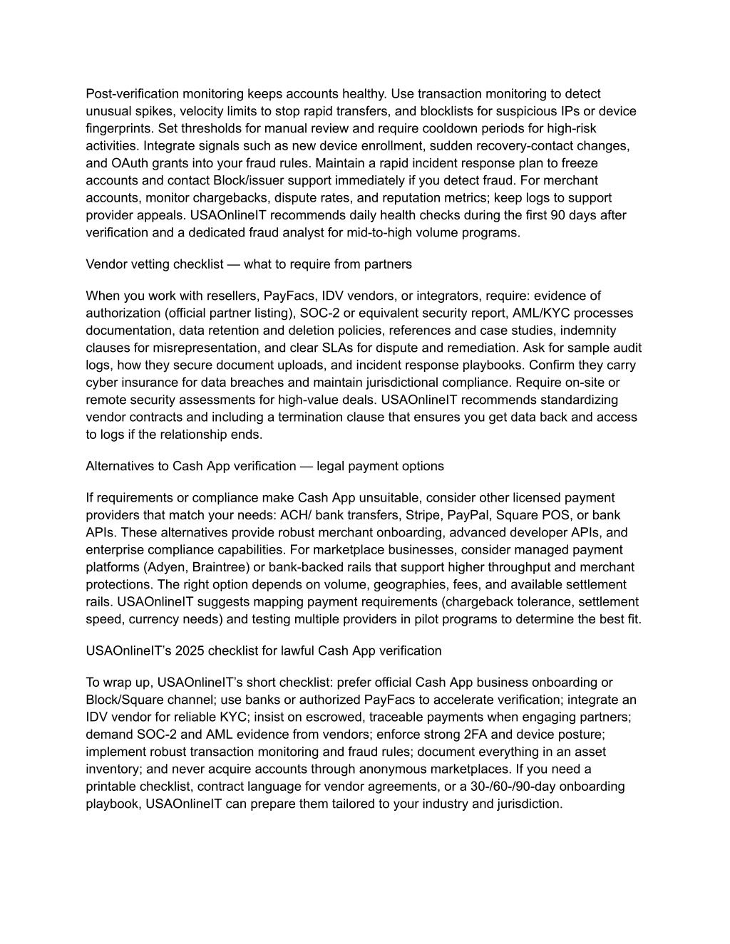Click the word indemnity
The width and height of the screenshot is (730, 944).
[592, 331]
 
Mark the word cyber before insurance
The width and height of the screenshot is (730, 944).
[101, 383]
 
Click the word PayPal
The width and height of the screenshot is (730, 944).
[473, 515]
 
